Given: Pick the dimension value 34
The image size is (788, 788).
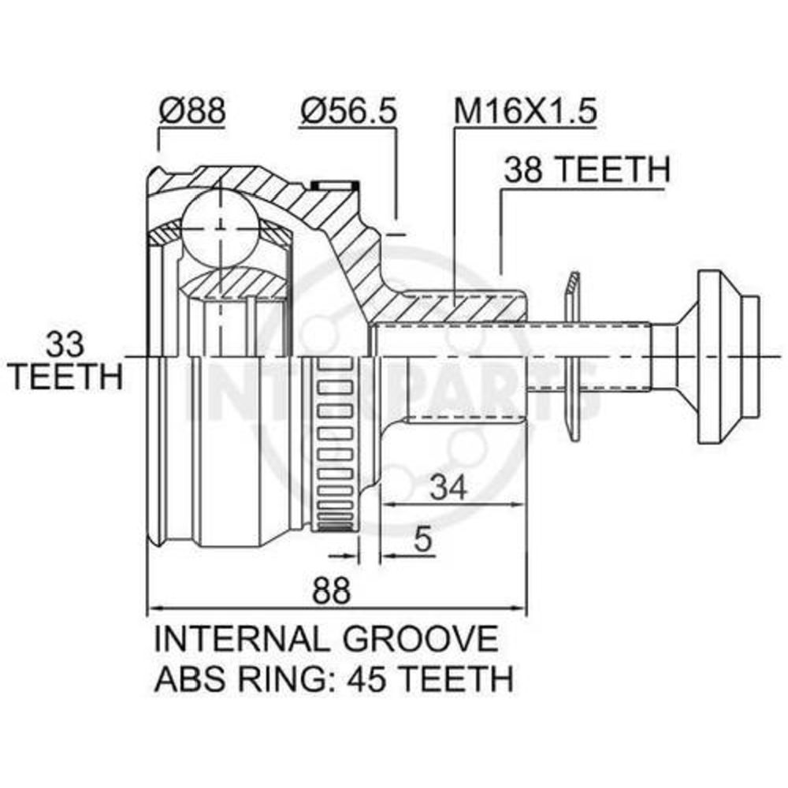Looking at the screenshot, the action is click(x=450, y=486).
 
